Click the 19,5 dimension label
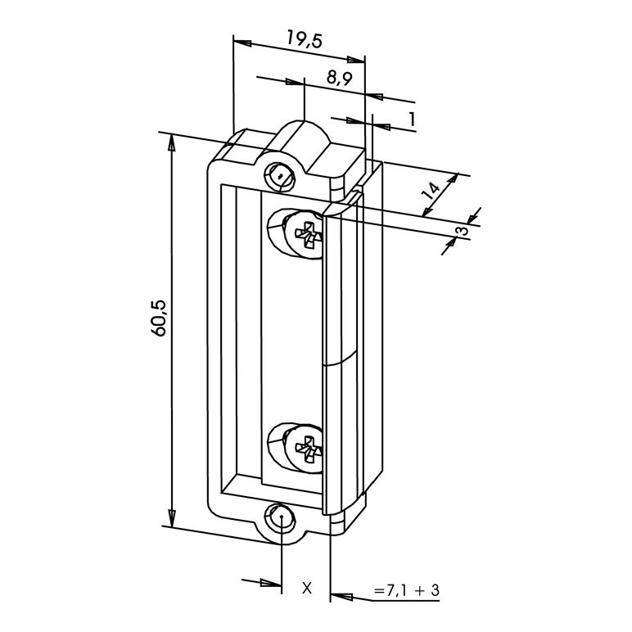coord(305,39)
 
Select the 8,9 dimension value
coord(340,78)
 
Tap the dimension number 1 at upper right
coord(412,120)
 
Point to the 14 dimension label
coord(431,191)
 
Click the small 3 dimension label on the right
coord(463,231)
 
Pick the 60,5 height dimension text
coord(159,318)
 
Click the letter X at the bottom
coord(307,588)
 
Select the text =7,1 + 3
coord(406,590)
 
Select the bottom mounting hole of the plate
coord(281,517)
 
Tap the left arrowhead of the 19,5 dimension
coord(242,43)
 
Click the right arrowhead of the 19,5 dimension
coord(355,60)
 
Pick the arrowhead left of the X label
coord(272,583)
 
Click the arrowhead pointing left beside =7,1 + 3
coord(340,595)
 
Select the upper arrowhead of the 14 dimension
coord(454,179)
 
